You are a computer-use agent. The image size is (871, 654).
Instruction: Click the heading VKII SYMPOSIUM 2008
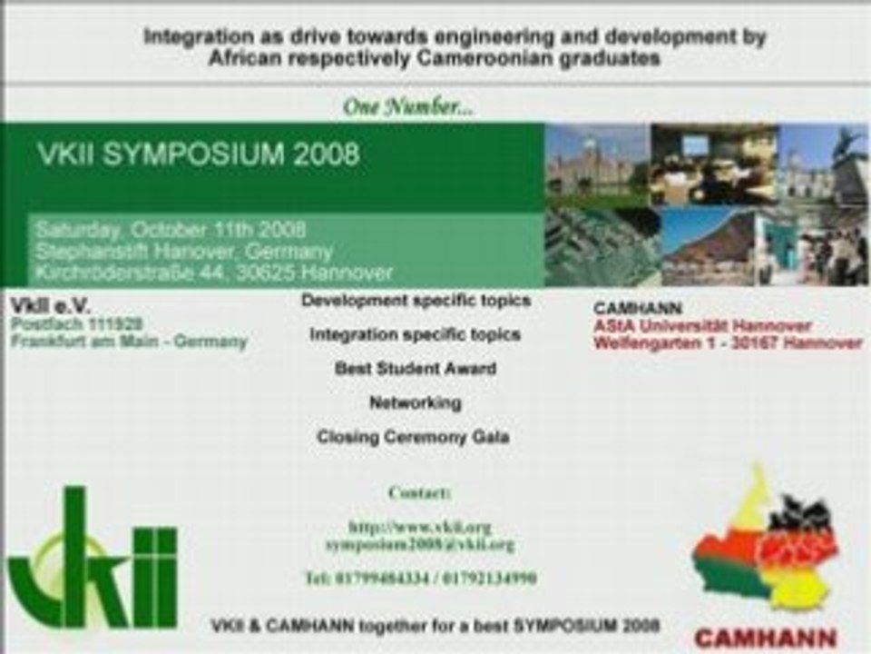198,154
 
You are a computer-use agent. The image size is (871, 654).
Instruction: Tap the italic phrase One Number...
407,107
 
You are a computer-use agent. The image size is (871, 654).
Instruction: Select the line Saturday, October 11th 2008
171,229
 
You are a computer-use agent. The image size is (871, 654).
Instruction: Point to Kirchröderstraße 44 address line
214,272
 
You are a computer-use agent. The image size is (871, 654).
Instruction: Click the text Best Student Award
415,369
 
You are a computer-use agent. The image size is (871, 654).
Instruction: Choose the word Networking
415,402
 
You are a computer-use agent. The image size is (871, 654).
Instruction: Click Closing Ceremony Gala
413,437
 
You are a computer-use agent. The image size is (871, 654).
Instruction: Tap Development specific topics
416,300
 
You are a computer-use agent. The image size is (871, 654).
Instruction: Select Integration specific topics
415,334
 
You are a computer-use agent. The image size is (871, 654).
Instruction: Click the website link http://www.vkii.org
419,527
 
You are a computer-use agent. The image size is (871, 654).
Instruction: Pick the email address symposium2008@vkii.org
419,544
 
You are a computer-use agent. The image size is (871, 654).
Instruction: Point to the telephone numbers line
420,578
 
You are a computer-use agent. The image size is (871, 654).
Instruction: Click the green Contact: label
419,493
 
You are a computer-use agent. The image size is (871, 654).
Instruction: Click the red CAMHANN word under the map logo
765,638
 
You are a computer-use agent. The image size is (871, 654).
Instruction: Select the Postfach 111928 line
76,324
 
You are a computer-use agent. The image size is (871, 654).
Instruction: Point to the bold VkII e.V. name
51,305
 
